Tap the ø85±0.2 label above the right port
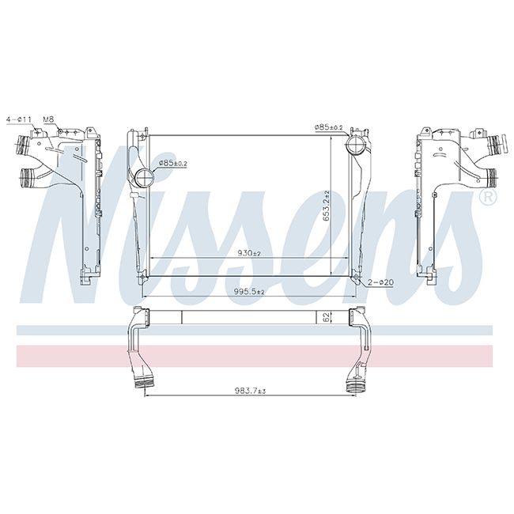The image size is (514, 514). [328, 127]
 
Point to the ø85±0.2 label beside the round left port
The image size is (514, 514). [173, 163]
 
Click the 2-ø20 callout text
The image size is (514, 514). [380, 282]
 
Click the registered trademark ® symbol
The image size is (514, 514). [488, 195]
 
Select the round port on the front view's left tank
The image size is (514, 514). [143, 176]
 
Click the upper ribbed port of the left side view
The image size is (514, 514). [23, 146]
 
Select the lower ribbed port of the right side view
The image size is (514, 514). [488, 176]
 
